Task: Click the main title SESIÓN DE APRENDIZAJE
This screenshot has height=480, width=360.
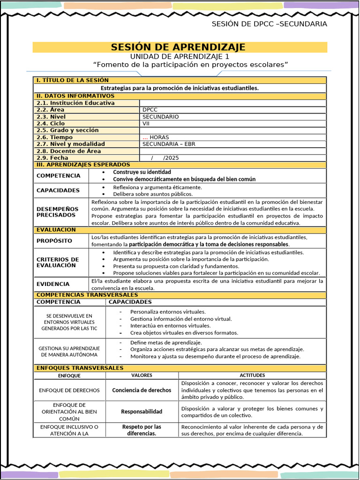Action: pos(178,47)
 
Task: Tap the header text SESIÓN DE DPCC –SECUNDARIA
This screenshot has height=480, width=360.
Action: pos(269,24)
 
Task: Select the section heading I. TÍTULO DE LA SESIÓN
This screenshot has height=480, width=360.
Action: pos(73,80)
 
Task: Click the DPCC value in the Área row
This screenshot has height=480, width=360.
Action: pos(150,110)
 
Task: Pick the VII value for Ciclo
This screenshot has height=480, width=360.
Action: pos(147,124)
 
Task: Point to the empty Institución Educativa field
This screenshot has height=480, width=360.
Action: pos(232,103)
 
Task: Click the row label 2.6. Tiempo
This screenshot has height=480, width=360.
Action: pos(55,137)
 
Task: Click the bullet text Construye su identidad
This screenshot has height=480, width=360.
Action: pos(142,172)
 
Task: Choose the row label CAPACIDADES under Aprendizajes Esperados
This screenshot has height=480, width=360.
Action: pos(58,190)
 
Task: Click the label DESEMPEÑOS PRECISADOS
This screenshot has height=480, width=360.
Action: pos(58,212)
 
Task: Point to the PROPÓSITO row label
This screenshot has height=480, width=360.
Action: pos(54,241)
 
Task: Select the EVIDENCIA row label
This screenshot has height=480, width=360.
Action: pos(53,284)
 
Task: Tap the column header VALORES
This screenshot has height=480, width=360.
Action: pos(142,375)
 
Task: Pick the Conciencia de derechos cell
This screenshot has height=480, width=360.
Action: pos(142,390)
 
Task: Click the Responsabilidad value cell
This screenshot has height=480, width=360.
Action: pos(142,412)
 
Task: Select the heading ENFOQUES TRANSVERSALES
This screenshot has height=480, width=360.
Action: pos(80,368)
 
